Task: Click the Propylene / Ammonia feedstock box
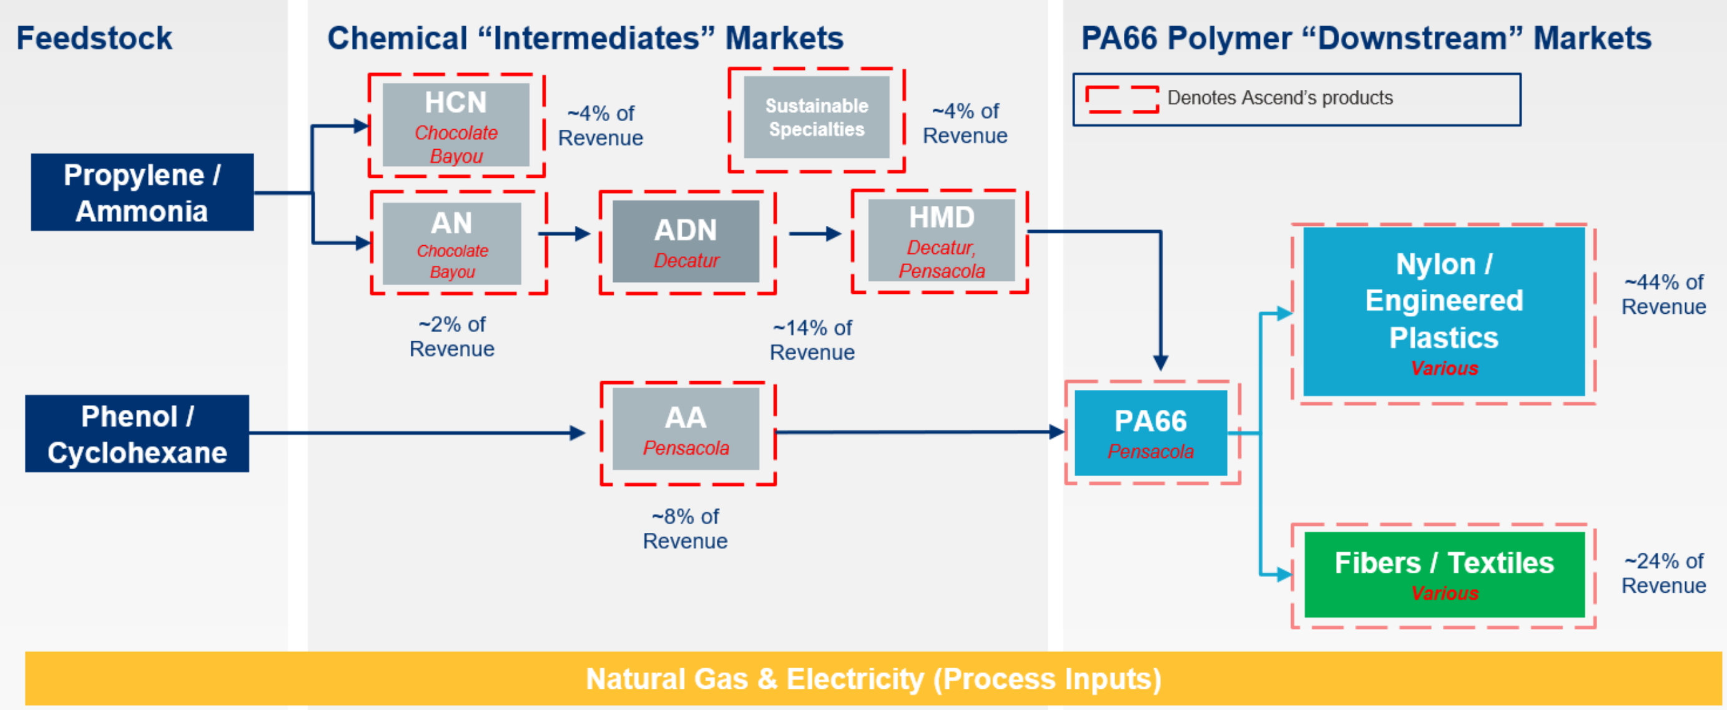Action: click(142, 192)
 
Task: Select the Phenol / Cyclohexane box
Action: click(137, 434)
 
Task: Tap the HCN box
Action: click(456, 125)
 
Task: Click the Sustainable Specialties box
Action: click(816, 118)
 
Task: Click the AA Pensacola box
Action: click(685, 429)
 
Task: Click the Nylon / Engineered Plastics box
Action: click(1444, 311)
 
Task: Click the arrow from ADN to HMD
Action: click(815, 234)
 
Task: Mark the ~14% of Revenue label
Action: click(812, 340)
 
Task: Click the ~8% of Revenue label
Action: click(684, 528)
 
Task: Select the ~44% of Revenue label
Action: click(1663, 294)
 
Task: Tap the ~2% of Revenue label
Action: click(452, 337)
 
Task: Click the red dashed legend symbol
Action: click(1121, 99)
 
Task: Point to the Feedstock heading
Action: click(94, 38)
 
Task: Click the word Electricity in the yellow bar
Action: click(855, 679)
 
